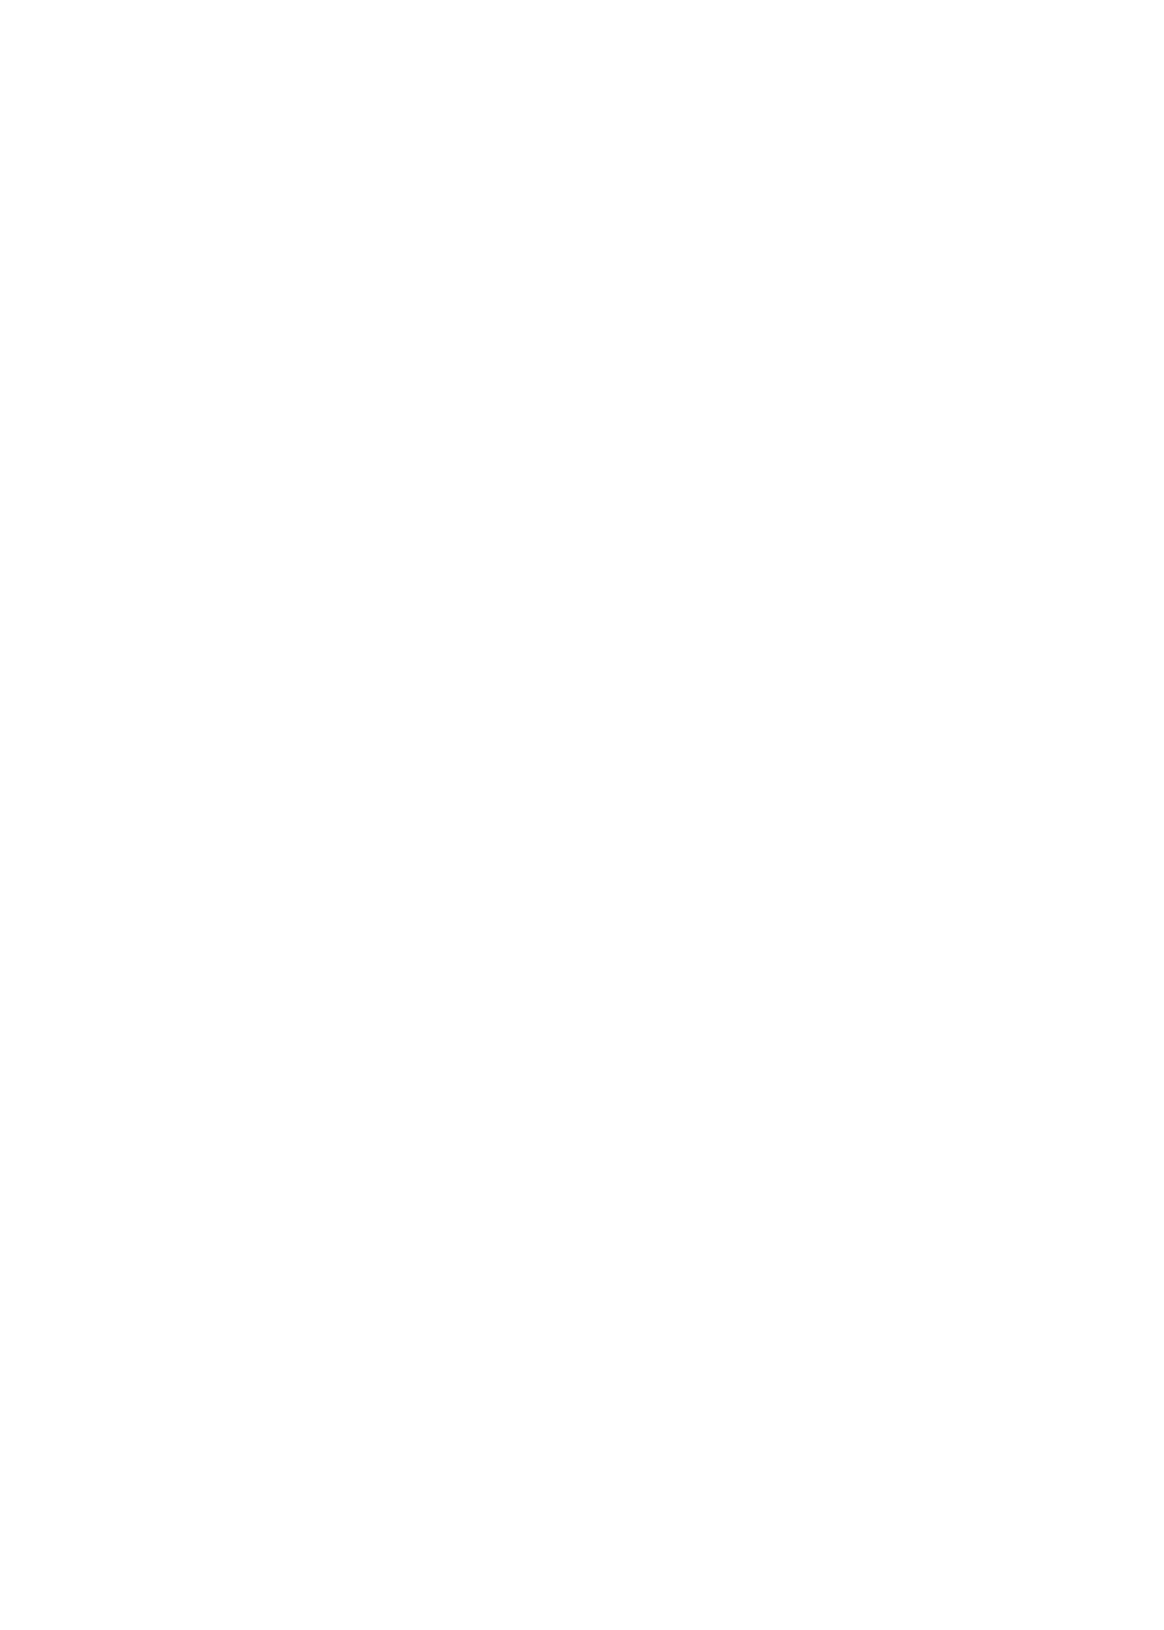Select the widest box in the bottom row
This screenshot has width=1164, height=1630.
(374, 1481)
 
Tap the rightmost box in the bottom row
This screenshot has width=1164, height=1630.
(835, 1481)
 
